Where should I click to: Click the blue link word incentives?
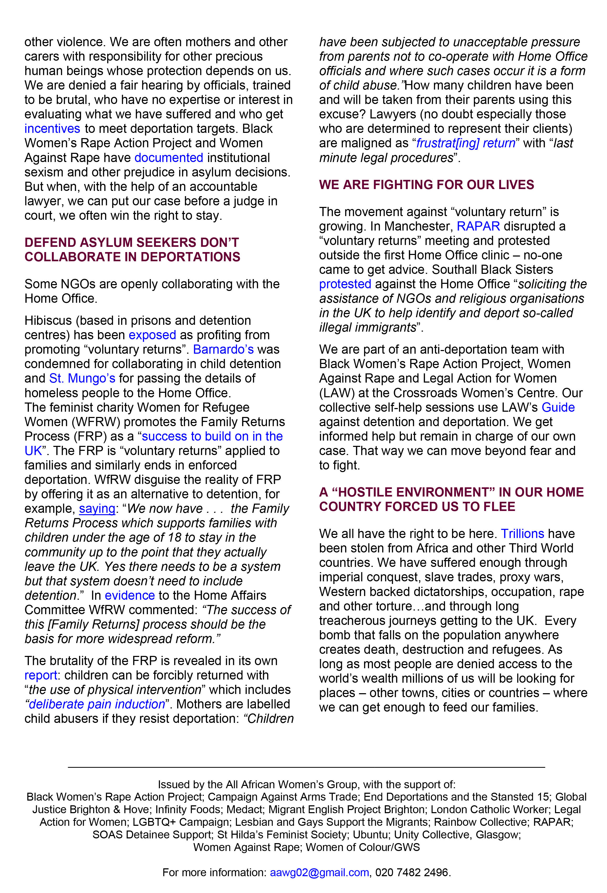pyautogui.click(x=52, y=129)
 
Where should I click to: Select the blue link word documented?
pyautogui.click(x=169, y=158)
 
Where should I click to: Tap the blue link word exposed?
pyautogui.click(x=152, y=335)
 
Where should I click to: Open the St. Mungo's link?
pyautogui.click(x=82, y=378)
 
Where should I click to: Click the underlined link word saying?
pyautogui.click(x=97, y=509)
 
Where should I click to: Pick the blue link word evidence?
pyautogui.click(x=130, y=596)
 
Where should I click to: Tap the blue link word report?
pyautogui.click(x=41, y=675)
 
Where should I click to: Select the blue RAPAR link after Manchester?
pyautogui.click(x=478, y=226)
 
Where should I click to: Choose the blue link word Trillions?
pyautogui.click(x=522, y=534)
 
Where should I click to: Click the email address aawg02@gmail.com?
pyautogui.click(x=319, y=872)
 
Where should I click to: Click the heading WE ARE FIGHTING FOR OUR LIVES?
pyautogui.click(x=426, y=185)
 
